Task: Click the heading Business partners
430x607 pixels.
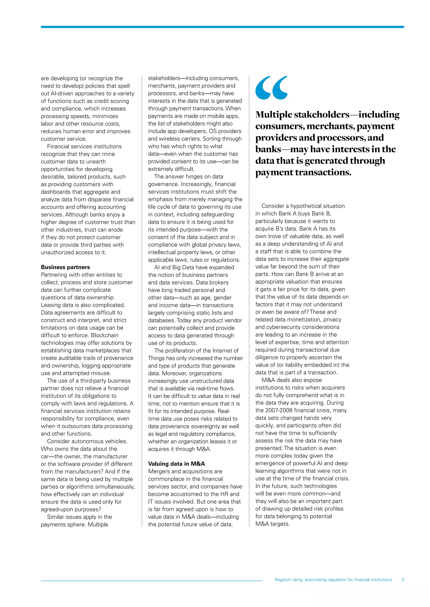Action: (x=65, y=267)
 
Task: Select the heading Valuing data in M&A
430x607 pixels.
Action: (x=176, y=464)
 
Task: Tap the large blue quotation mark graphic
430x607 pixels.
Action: (x=271, y=88)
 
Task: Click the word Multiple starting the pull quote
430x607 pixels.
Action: (x=274, y=114)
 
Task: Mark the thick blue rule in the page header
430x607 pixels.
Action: (x=222, y=27)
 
